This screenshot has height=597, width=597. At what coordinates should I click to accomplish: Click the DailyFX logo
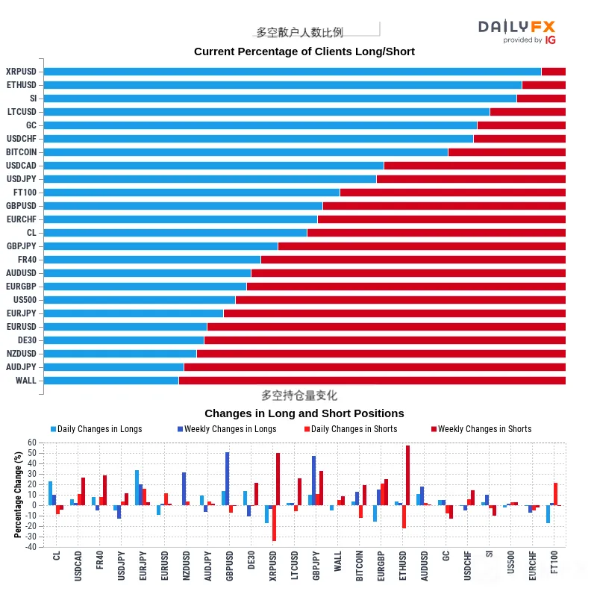516,31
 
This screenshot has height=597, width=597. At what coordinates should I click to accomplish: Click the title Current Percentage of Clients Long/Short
304,51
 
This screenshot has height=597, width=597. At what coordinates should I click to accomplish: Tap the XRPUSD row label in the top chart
22,72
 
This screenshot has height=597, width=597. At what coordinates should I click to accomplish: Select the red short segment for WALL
372,381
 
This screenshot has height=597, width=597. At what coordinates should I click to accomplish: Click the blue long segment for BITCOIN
246,152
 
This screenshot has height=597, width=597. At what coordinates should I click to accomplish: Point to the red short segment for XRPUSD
554,72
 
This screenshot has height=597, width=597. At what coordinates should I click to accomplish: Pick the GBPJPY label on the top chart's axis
22,246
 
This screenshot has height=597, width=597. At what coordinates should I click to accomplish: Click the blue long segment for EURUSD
125,327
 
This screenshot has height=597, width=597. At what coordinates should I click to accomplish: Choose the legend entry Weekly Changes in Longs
227,429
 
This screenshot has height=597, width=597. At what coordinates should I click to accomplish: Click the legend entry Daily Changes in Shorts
351,429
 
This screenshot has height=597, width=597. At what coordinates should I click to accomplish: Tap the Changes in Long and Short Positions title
304,413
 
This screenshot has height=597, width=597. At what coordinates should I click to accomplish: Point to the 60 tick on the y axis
32,443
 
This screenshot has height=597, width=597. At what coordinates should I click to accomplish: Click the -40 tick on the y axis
31,547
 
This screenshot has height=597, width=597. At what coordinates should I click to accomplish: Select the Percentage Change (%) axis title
18,495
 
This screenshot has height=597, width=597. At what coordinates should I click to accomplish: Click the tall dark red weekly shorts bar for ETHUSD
407,475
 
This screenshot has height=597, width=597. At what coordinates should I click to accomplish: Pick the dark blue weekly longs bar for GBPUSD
228,479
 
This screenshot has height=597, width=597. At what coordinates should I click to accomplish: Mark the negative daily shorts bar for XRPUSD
274,523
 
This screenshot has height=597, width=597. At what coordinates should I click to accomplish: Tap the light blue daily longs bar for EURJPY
137,488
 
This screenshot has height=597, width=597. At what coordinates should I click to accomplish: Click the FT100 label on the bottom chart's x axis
554,562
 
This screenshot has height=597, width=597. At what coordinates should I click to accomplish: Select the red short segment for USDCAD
475,166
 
